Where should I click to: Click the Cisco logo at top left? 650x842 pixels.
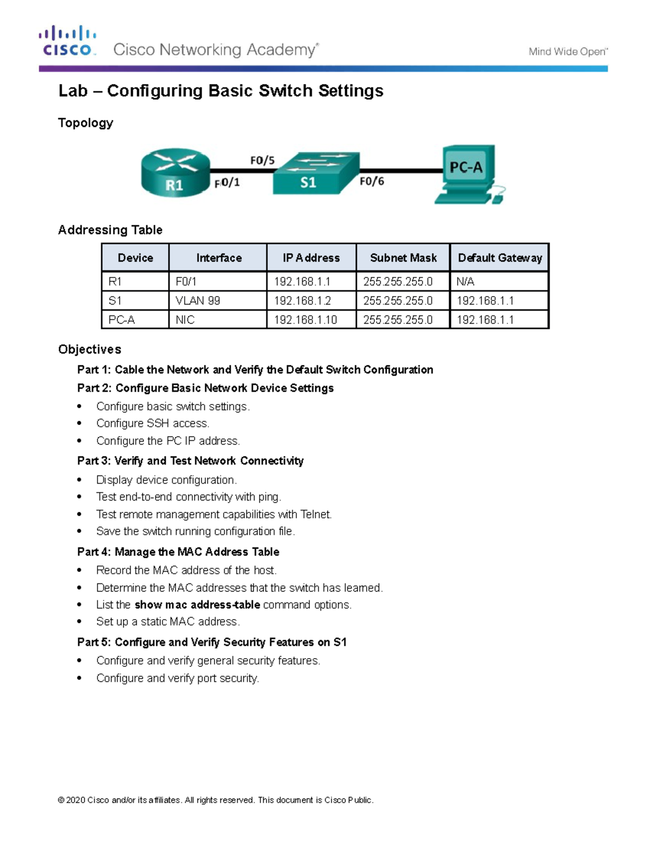coord(68,41)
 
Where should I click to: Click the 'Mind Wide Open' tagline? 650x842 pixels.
coord(568,52)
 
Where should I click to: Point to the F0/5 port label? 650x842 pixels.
coord(262,160)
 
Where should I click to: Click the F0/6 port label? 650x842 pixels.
coord(372,181)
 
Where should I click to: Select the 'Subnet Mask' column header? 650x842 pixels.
coord(403,258)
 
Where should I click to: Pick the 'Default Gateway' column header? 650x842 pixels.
coord(499,258)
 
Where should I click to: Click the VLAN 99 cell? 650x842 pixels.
coord(198,301)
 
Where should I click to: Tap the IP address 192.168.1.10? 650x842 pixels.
coord(305,320)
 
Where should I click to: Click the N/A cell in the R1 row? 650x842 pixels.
coord(465,281)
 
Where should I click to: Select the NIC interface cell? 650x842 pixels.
coord(185,320)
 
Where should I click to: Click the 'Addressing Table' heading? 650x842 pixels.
coord(110,230)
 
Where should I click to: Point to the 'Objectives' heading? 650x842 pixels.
coord(89,349)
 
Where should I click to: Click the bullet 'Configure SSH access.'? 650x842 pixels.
coord(152,423)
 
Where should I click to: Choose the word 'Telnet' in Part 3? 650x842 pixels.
coord(316,514)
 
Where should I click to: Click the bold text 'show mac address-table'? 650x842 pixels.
coord(197,605)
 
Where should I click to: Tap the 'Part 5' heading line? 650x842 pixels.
coord(211,642)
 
